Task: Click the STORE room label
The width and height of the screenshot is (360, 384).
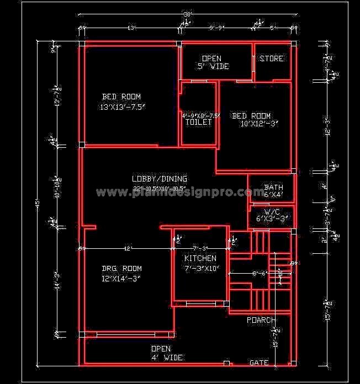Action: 272,58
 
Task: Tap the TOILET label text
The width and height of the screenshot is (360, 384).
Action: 198,122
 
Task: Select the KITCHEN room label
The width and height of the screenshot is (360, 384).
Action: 200,258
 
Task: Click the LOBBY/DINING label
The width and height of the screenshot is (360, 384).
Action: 159,179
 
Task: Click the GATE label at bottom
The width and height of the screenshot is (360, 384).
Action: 259,363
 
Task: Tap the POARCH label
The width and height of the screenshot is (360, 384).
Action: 261,320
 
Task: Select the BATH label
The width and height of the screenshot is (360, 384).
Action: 273,188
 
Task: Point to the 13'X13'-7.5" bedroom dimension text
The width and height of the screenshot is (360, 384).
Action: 122,107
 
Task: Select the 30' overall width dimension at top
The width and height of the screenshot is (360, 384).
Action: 187,14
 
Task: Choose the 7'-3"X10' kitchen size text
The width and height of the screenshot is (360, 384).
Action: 202,269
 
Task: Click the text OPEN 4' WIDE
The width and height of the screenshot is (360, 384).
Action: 161,353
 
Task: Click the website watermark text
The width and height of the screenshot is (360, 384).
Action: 180,193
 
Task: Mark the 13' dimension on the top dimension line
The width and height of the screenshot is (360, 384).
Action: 131,27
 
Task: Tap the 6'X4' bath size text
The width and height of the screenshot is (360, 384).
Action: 273,195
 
